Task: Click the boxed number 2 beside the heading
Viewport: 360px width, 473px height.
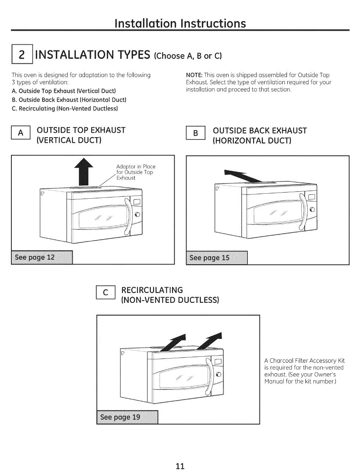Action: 22,54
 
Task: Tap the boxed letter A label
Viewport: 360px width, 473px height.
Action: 21,133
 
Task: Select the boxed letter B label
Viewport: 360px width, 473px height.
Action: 196,133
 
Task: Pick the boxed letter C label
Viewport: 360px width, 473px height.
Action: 106,293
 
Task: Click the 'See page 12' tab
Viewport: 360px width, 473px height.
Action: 42,257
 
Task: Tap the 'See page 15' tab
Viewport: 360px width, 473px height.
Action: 217,258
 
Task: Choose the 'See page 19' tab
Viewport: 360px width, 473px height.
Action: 128,417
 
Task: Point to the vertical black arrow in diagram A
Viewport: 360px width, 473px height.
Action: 84,172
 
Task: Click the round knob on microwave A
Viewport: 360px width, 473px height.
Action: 137,215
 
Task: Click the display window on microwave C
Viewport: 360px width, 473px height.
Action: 218,362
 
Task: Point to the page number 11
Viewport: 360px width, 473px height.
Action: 180,466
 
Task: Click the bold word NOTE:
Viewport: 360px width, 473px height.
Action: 194,75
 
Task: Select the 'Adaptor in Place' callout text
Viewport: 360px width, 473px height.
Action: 136,167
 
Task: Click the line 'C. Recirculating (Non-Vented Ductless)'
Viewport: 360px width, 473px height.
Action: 65,108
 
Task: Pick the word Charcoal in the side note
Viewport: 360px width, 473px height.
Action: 281,360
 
